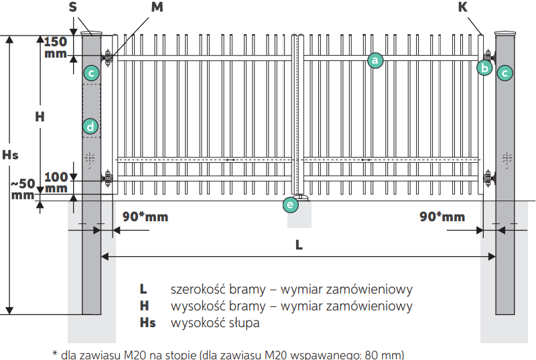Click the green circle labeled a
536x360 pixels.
375,60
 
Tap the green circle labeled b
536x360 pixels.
484,68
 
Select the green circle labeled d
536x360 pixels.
90,127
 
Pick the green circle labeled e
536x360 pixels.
291,204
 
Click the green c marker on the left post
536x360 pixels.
91,73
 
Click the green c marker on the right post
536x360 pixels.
505,73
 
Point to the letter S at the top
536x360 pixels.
73,7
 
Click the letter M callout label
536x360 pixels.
157,7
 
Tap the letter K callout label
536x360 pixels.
463,7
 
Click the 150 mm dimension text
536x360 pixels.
56,48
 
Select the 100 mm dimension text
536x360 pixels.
56,182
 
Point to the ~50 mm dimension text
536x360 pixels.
23,190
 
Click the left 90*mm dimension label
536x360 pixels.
145,217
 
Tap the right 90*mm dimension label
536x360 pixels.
442,217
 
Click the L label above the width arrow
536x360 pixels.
299,245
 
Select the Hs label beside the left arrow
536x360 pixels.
10,155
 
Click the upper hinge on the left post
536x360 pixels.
107,58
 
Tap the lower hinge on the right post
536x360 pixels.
489,178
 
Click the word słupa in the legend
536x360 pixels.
244,322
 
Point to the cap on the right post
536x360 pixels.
505,33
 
